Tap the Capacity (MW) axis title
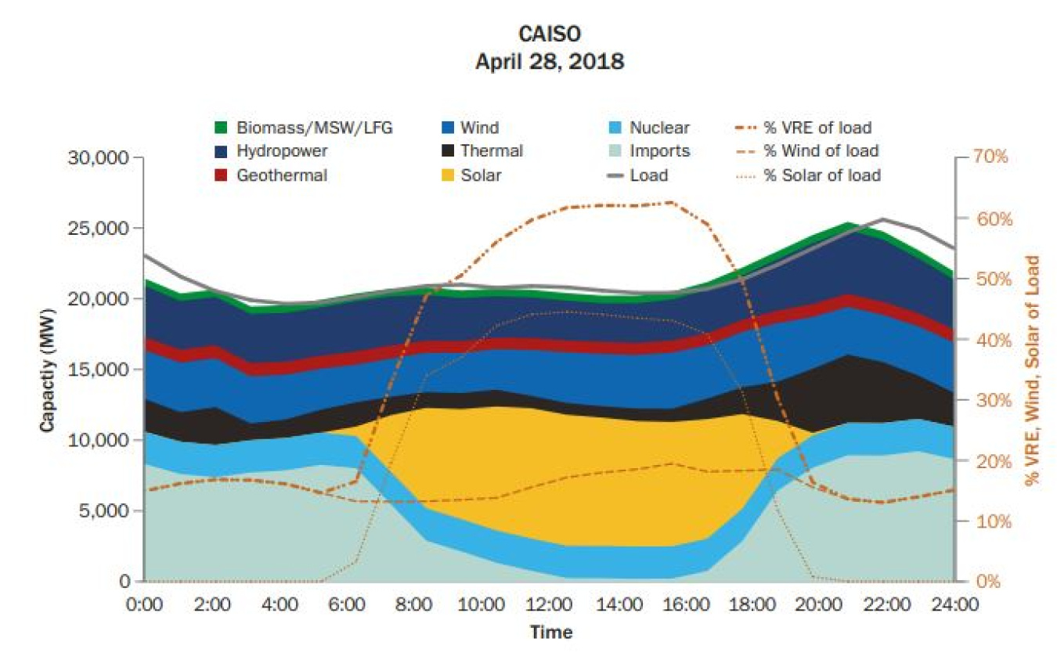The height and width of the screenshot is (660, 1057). tap(47, 368)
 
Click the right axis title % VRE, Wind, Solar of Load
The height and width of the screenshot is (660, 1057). tap(1034, 370)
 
